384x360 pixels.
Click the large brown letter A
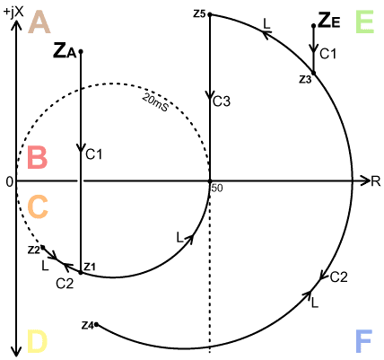(x=39, y=22)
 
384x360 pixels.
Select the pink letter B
(x=38, y=158)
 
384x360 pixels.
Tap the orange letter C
(x=38, y=207)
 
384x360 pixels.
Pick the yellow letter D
(x=38, y=340)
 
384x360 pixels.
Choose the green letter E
(x=364, y=22)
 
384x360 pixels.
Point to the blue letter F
(x=364, y=341)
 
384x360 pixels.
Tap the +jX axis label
(x=14, y=13)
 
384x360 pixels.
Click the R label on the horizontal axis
(x=376, y=181)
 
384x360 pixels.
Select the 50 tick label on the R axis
(x=217, y=189)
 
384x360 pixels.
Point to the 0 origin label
(x=10, y=181)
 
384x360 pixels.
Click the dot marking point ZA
(x=81, y=52)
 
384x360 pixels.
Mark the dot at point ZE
(x=314, y=26)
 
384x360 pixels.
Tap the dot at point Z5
(x=210, y=14)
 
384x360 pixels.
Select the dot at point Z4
(x=96, y=324)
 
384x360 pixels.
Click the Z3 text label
(x=305, y=80)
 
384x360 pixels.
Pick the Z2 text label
(x=33, y=250)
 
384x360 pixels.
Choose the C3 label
(x=222, y=101)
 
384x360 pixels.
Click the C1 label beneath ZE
(x=328, y=54)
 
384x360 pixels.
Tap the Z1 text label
(x=90, y=267)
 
